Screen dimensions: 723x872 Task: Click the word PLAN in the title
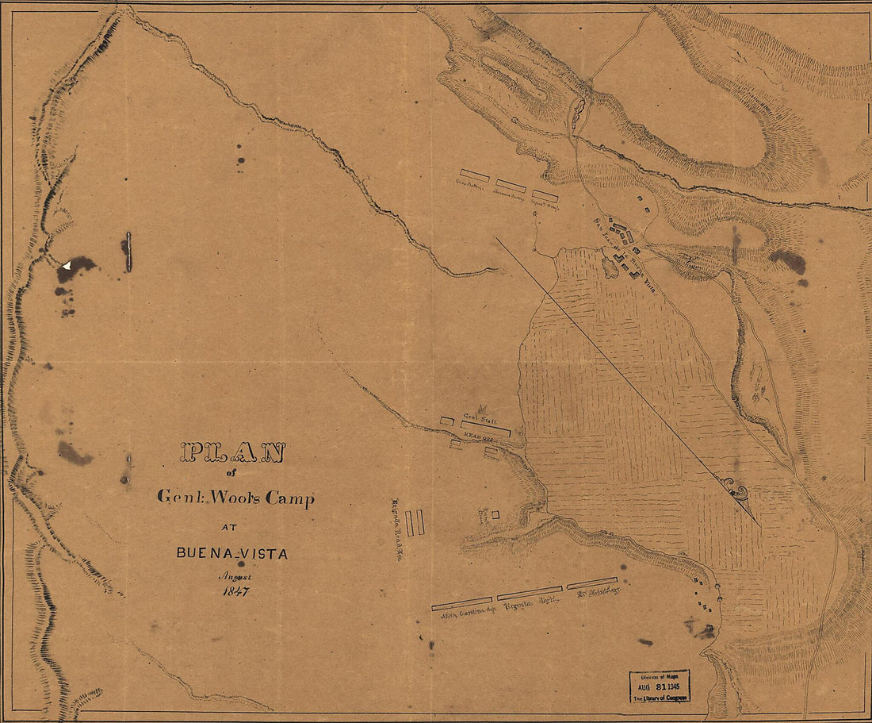click(232, 452)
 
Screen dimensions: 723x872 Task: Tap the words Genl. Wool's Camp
click(235, 498)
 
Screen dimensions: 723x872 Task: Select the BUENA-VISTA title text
click(232, 553)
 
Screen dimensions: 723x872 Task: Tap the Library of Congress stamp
click(660, 686)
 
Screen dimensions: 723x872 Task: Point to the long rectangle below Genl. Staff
click(485, 429)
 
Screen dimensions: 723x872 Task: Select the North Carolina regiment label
click(462, 612)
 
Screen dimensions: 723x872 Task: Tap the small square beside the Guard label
click(495, 515)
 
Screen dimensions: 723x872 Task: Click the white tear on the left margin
click(68, 265)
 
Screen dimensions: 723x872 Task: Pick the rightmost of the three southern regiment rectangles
click(592, 583)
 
